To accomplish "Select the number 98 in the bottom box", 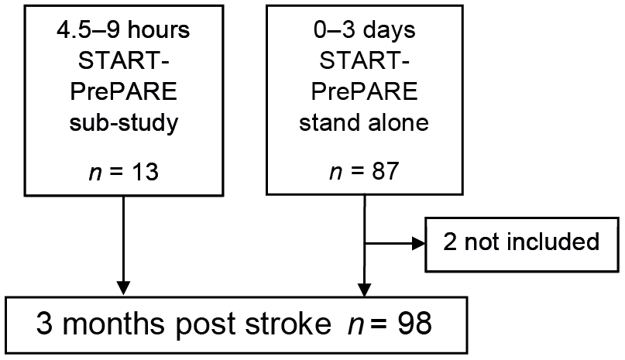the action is click(x=414, y=324).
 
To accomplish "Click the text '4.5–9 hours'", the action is click(x=124, y=30).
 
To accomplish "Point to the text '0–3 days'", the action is click(x=364, y=29).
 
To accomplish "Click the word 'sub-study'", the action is click(x=124, y=123).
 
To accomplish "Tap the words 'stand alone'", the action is click(x=364, y=122).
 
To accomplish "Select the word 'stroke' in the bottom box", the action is click(x=288, y=324).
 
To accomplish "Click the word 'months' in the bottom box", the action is click(x=114, y=324).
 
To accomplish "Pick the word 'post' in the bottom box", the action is click(x=205, y=324).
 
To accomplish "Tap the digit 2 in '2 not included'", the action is click(x=450, y=242).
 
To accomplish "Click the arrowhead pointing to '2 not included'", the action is click(x=418, y=243).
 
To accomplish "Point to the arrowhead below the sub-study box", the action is click(x=124, y=288).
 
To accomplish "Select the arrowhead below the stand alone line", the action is click(x=364, y=290).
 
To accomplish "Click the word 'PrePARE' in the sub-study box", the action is click(x=124, y=91).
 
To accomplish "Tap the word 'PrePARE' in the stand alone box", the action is click(x=364, y=91).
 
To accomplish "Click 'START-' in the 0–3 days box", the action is click(x=364, y=60).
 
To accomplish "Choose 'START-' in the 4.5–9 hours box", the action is click(x=124, y=61).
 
